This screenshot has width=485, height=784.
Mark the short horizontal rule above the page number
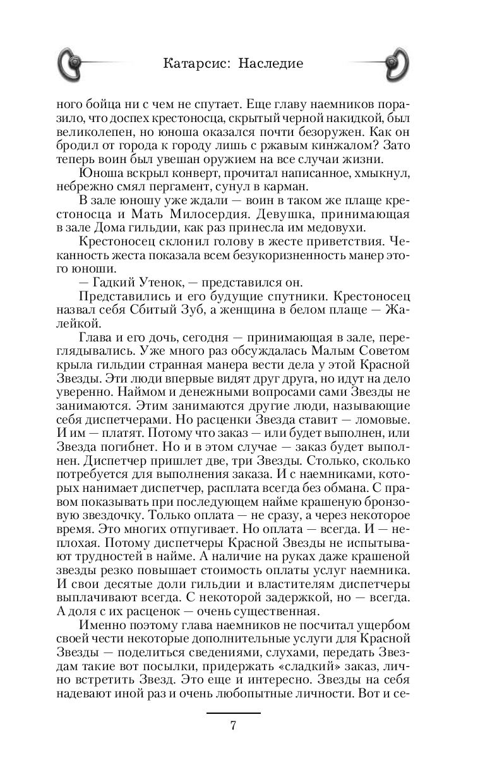click(233, 713)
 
